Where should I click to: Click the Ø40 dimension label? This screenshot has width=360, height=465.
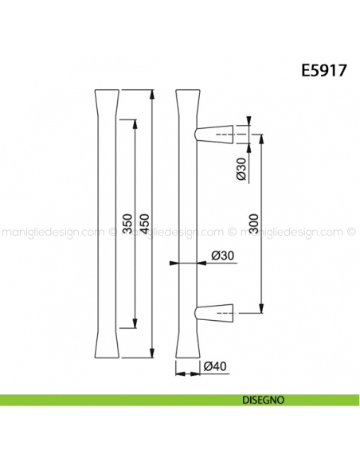click(215, 367)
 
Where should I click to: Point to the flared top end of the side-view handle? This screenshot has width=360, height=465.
click(184, 100)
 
